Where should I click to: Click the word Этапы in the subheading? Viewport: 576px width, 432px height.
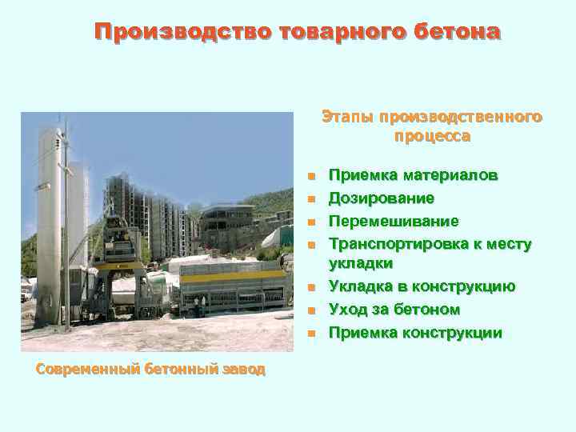349,117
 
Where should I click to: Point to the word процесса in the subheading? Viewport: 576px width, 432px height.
432,136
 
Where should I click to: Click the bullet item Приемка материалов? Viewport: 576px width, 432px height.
414,175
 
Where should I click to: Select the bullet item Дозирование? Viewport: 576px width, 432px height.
382,198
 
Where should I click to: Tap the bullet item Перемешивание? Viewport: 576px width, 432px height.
394,221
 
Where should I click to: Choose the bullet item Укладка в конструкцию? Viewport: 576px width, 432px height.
422,286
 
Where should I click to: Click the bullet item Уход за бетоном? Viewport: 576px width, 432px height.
394,310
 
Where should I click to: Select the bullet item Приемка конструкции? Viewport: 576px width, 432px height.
415,333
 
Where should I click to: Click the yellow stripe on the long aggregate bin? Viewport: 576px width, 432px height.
232,277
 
